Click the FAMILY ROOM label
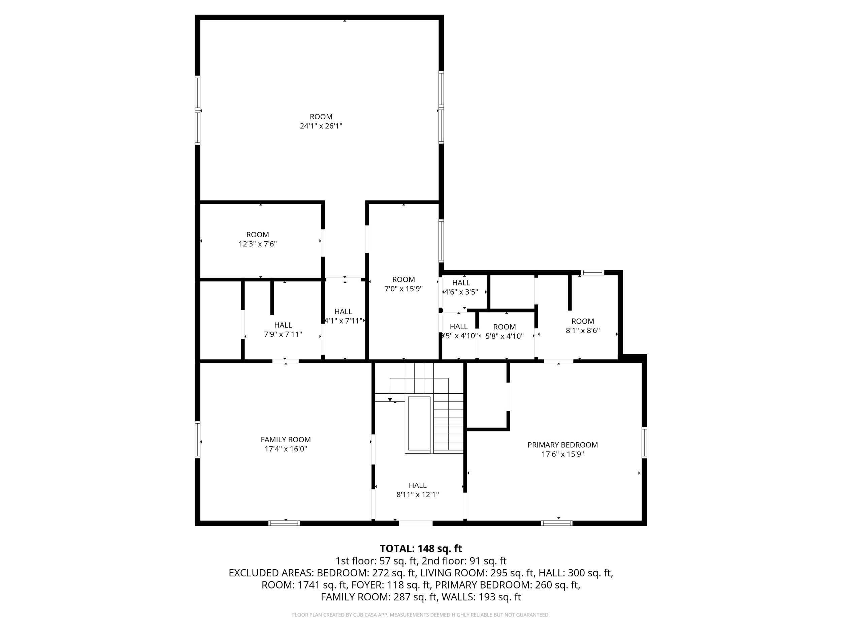286,439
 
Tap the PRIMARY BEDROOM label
562,445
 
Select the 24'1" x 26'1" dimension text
321,126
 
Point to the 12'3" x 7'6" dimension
257,244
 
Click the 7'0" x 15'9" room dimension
403,289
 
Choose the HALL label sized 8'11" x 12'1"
418,485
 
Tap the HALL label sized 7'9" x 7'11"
283,325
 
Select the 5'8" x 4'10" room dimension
505,336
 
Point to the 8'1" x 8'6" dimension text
582,331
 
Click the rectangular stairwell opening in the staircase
419,424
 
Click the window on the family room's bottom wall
284,523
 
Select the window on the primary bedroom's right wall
644,442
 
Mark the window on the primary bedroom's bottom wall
556,523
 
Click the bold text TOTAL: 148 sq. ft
421,548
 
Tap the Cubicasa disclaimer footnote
421,615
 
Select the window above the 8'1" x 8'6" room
593,272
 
